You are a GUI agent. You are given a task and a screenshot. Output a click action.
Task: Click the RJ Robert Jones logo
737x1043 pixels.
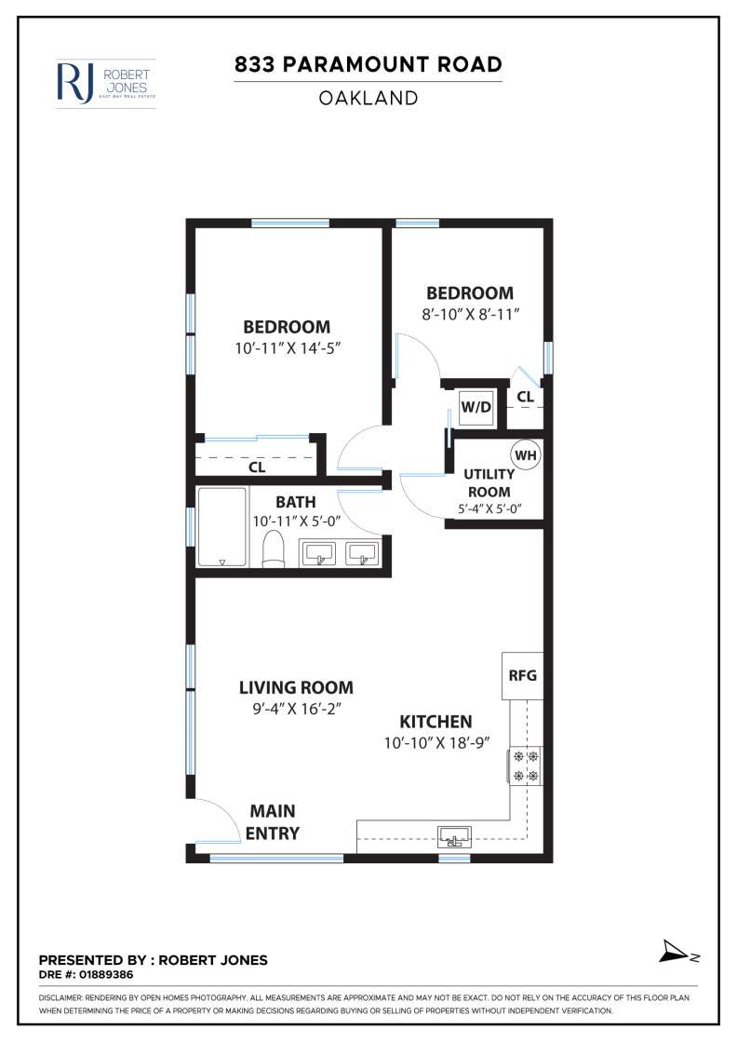(x=105, y=83)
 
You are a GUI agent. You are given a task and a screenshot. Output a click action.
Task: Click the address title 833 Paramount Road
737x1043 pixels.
(x=368, y=64)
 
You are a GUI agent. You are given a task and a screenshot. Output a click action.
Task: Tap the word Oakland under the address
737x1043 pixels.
(x=368, y=98)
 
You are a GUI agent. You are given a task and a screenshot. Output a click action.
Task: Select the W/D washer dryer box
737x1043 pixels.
(x=476, y=407)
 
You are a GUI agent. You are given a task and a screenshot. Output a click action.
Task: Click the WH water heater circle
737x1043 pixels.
(x=526, y=455)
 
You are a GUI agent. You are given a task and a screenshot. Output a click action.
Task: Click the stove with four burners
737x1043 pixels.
(x=525, y=765)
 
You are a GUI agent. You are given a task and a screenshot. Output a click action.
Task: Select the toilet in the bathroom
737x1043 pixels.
(x=274, y=550)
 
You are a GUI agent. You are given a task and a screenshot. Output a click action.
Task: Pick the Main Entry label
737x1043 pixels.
(x=273, y=821)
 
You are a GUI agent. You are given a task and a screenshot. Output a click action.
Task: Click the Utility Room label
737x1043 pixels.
(x=489, y=482)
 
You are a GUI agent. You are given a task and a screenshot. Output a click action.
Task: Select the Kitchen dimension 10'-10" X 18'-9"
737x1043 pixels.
(x=435, y=743)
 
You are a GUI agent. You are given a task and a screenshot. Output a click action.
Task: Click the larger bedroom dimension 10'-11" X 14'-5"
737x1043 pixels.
(x=287, y=348)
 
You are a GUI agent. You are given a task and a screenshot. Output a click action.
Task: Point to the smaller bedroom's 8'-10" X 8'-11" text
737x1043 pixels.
(x=469, y=315)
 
